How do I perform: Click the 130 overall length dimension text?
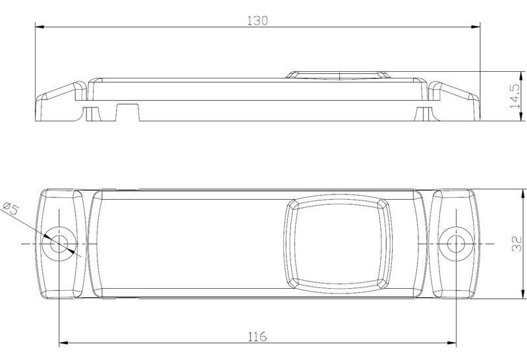258,21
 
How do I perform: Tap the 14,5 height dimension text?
515,96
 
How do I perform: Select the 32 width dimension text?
516,244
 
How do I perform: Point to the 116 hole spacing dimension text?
258,336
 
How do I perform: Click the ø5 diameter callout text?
10,208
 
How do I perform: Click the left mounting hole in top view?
59,243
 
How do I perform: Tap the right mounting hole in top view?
456,243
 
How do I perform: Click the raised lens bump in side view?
339,75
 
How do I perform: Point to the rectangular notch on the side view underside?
128,112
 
